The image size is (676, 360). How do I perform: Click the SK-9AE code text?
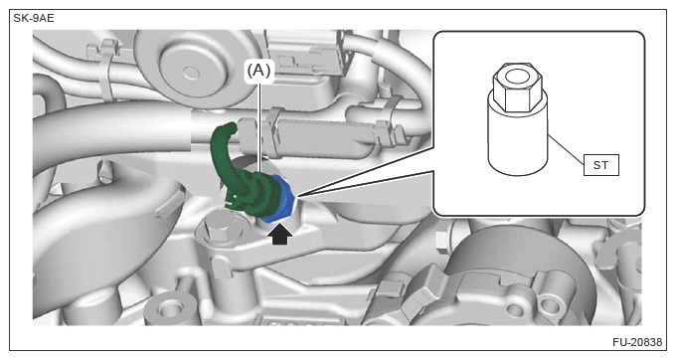click(x=34, y=19)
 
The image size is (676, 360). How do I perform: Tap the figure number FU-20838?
click(x=637, y=342)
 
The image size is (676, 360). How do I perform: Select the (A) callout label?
click(x=258, y=70)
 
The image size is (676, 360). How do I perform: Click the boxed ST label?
click(x=601, y=165)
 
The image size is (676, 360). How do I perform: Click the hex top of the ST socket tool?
click(x=517, y=88)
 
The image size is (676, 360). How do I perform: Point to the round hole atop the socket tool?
click(x=517, y=77)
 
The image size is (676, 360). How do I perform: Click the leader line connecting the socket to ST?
click(x=566, y=150)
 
